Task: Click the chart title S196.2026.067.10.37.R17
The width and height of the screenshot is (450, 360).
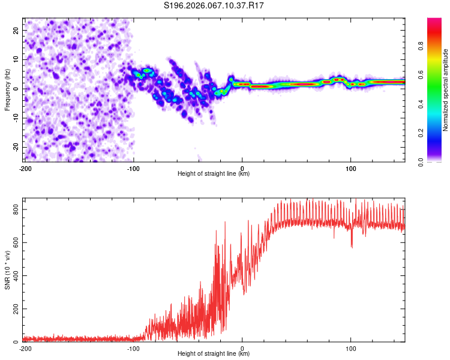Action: tap(214, 5)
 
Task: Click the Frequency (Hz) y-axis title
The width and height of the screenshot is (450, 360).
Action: tap(8, 89)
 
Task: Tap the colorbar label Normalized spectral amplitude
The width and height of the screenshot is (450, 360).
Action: tap(446, 90)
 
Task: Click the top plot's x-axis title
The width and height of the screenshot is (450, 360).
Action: tap(214, 173)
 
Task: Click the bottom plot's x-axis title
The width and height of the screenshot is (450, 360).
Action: tap(214, 353)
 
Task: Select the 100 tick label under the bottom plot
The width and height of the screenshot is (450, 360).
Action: tap(351, 349)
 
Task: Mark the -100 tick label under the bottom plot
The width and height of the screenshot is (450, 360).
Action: tap(133, 349)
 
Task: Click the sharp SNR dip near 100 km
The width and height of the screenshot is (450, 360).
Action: tap(352, 246)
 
